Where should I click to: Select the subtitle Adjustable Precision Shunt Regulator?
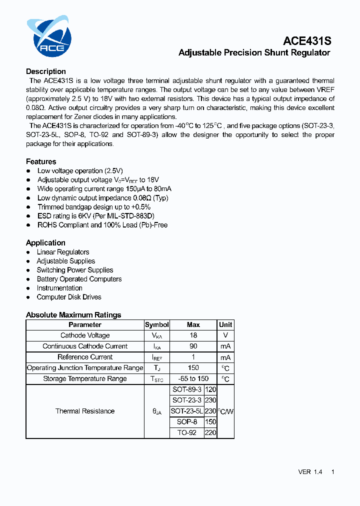point(254,53)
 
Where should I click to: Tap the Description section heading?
point(46,71)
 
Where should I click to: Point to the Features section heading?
point(41,161)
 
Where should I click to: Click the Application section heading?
point(45,243)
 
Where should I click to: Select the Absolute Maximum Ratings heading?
point(73,315)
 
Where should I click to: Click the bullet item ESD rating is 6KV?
point(96,216)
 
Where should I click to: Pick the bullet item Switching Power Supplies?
point(75,270)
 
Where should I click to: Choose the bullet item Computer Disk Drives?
point(69,297)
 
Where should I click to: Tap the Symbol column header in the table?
point(157,324)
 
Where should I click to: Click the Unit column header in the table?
point(225,324)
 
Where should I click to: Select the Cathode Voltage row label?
point(85,335)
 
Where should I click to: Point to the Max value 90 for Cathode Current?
point(193,346)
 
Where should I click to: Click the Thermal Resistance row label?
point(85,411)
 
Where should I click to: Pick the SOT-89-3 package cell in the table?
point(187,389)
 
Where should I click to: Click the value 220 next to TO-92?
point(210,433)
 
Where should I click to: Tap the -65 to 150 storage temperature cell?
point(193,378)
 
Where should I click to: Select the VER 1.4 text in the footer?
point(310,472)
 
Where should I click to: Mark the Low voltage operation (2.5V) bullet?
point(80,171)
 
